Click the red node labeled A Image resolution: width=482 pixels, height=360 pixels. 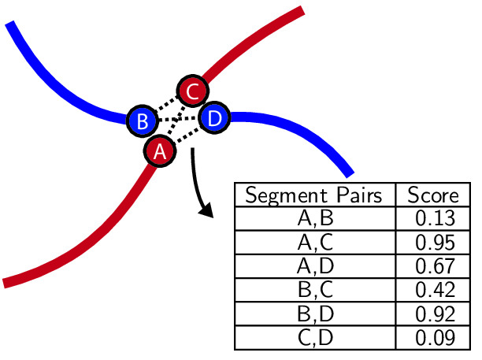pyautogui.click(x=160, y=150)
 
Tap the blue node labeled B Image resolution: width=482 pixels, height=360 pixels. pyautogui.click(x=143, y=121)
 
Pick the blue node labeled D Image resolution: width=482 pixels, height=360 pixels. pyautogui.click(x=214, y=118)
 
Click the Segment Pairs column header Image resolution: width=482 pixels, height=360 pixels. pyautogui.click(x=314, y=195)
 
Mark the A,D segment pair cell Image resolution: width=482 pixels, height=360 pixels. pyautogui.click(x=314, y=265)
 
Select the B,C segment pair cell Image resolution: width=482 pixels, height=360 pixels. pyautogui.click(x=314, y=289)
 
